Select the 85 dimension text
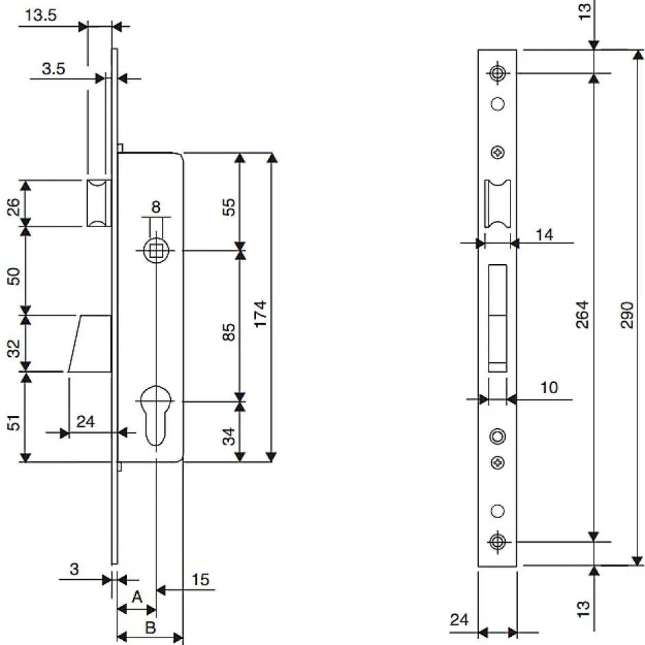pos(230,332)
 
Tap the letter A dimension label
pos(137,597)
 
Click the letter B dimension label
pos(150,627)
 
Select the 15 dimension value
pos(200,580)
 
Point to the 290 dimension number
pos(626,314)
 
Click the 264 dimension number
pos(582,314)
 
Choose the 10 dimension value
pos(548,388)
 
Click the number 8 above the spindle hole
pos(156,207)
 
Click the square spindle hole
pos(157,250)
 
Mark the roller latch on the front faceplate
pos(497,204)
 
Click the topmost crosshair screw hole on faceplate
pos(497,73)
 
